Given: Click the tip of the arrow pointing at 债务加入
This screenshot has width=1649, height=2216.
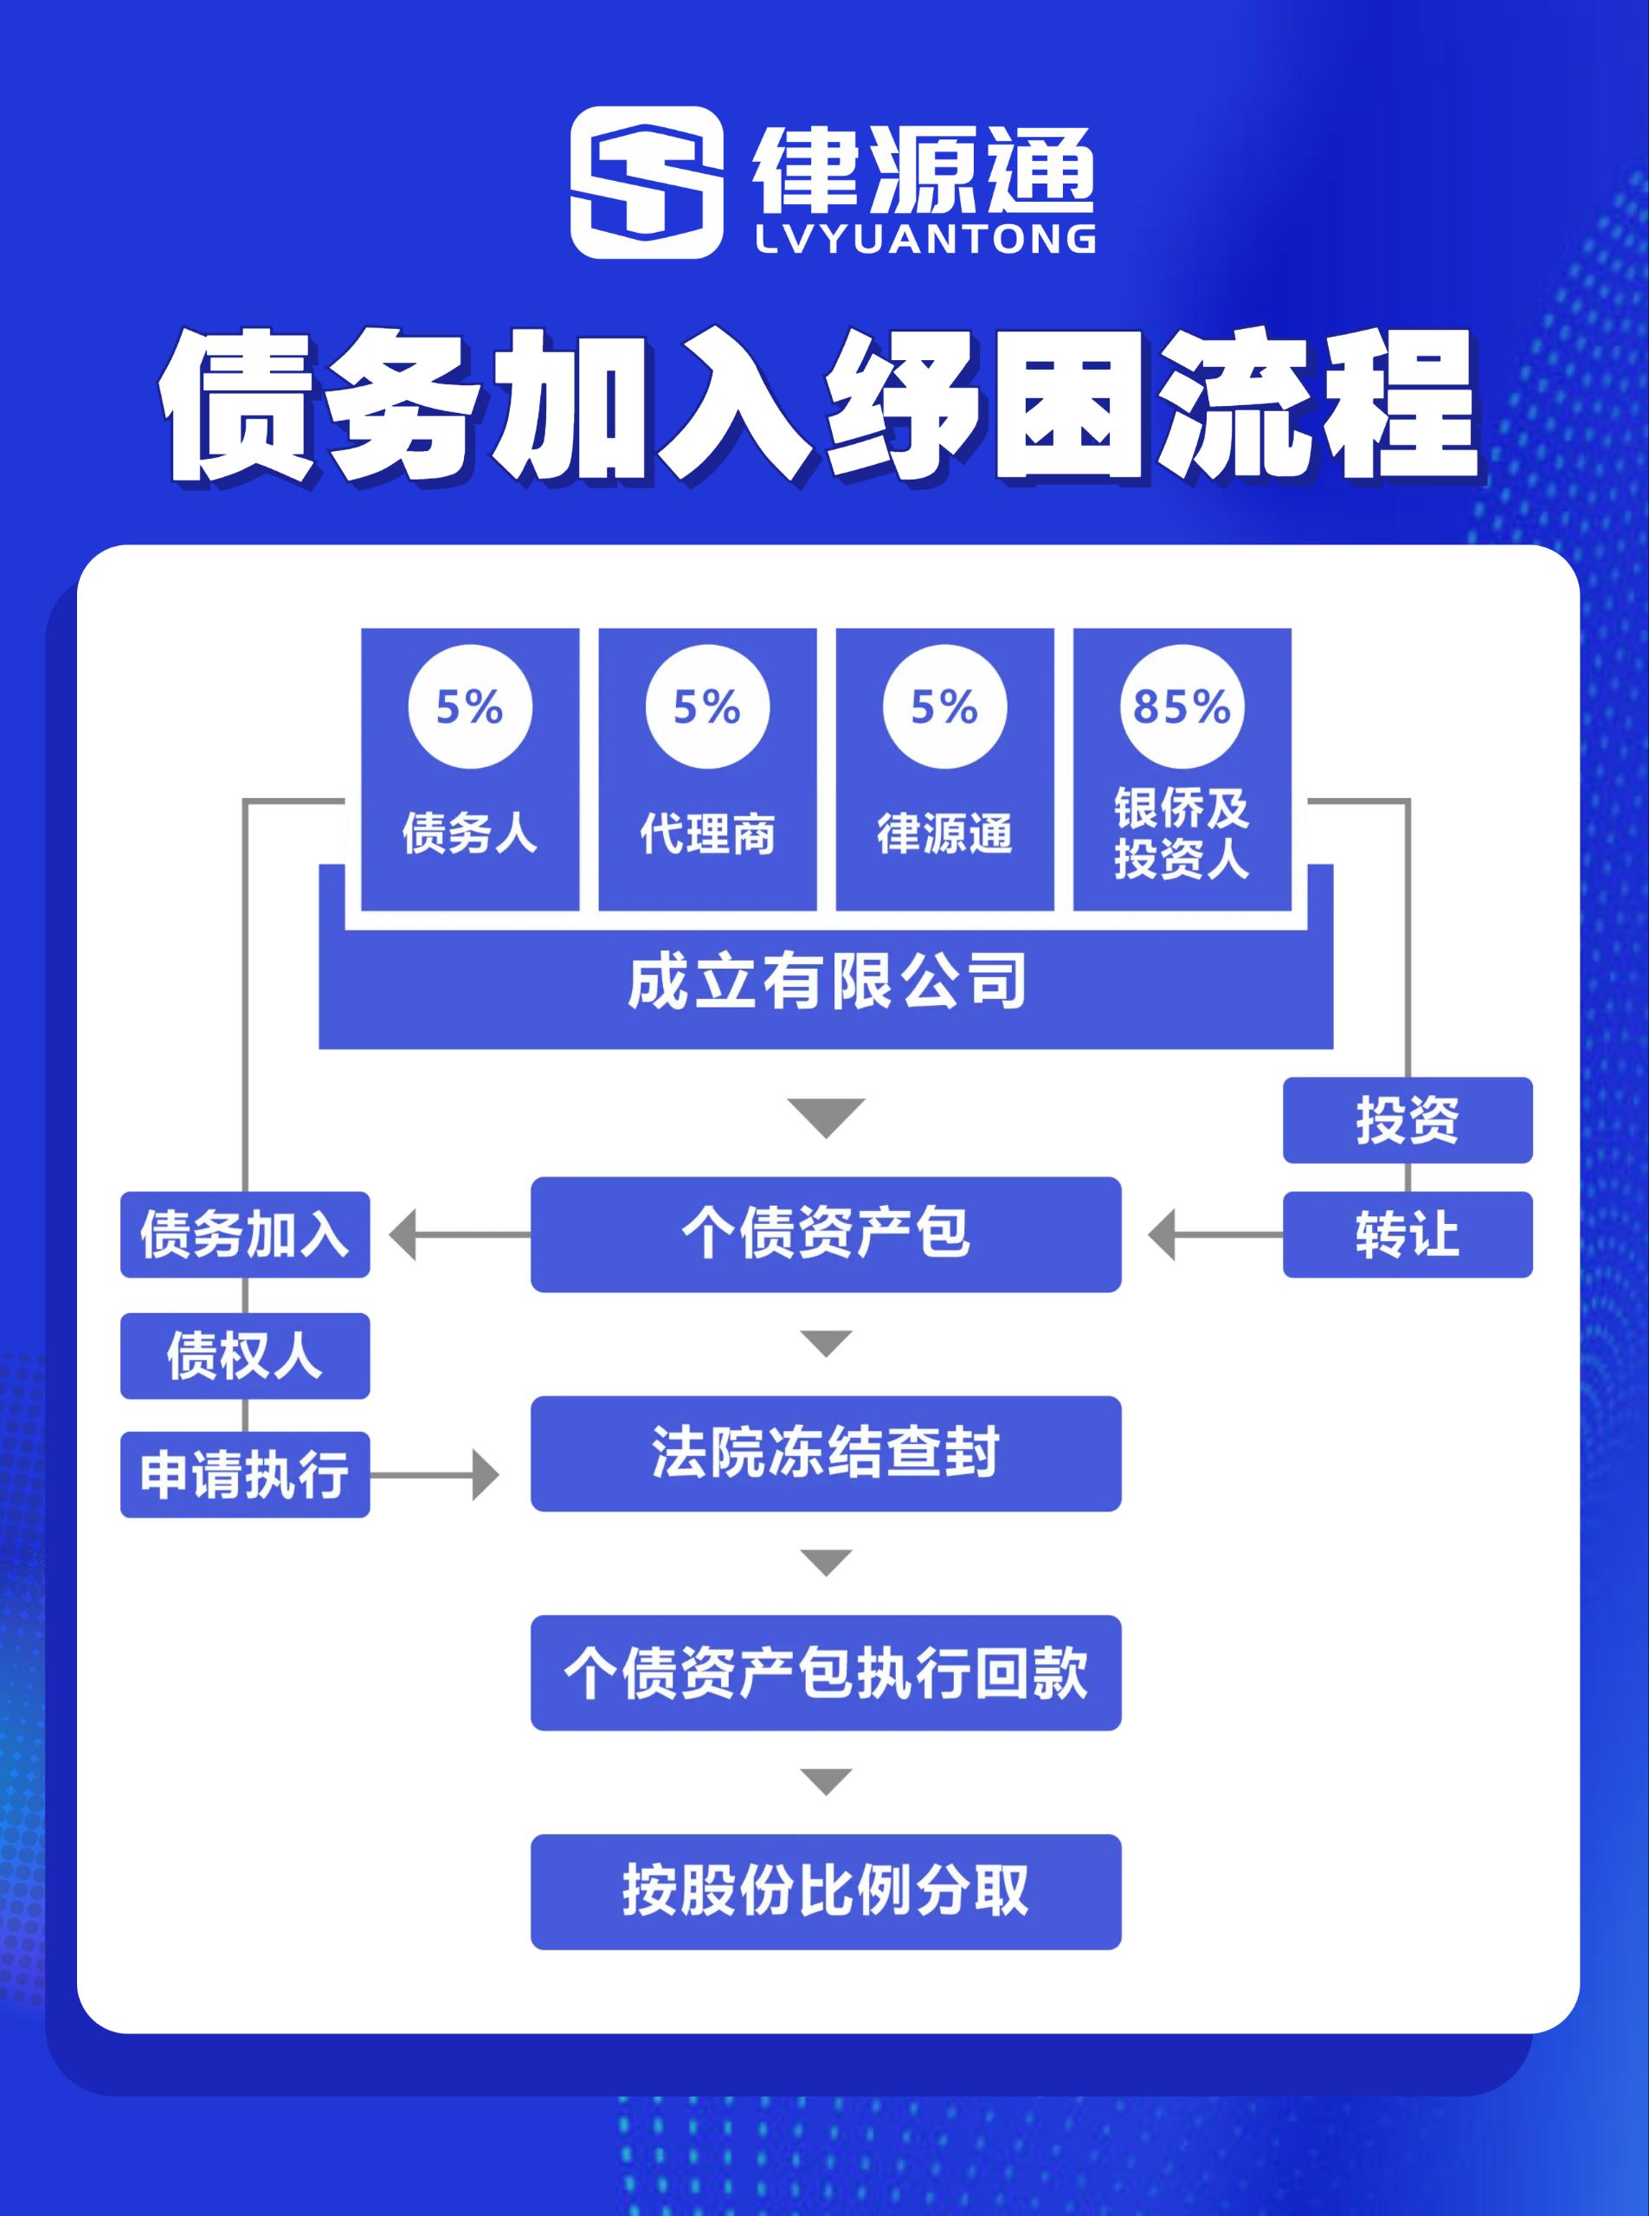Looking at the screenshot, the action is [x=390, y=1234].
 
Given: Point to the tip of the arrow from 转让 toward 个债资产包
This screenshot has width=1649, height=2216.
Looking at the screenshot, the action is [x=1149, y=1234].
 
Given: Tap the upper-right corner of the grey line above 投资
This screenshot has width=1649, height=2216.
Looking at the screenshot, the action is [x=1409, y=800].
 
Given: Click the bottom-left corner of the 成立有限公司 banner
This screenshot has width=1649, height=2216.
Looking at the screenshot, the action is [x=319, y=1048].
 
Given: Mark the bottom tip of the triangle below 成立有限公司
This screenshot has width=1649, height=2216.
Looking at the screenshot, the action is [x=827, y=1138].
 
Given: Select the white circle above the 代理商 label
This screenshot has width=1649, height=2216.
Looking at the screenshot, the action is [x=708, y=706].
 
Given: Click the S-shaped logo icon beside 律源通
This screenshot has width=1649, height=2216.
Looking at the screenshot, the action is [x=647, y=183].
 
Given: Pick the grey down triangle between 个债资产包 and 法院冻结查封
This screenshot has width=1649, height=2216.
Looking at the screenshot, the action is [x=827, y=1343].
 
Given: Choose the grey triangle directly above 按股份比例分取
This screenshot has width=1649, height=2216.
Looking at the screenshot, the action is [x=827, y=1781].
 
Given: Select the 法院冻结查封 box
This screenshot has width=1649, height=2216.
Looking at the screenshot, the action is [x=826, y=1453].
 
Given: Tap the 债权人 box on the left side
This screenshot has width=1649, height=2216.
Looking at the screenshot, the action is [x=246, y=1356].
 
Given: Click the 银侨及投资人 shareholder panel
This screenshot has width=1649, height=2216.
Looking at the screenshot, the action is [x=1182, y=769].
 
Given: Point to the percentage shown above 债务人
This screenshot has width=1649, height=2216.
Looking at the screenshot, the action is [x=470, y=706].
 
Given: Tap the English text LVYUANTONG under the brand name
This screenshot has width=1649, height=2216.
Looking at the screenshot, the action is [x=925, y=240].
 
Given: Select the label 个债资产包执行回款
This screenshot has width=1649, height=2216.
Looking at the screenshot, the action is [x=826, y=1673].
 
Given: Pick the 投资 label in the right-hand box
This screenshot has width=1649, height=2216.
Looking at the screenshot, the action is [x=1407, y=1120].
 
